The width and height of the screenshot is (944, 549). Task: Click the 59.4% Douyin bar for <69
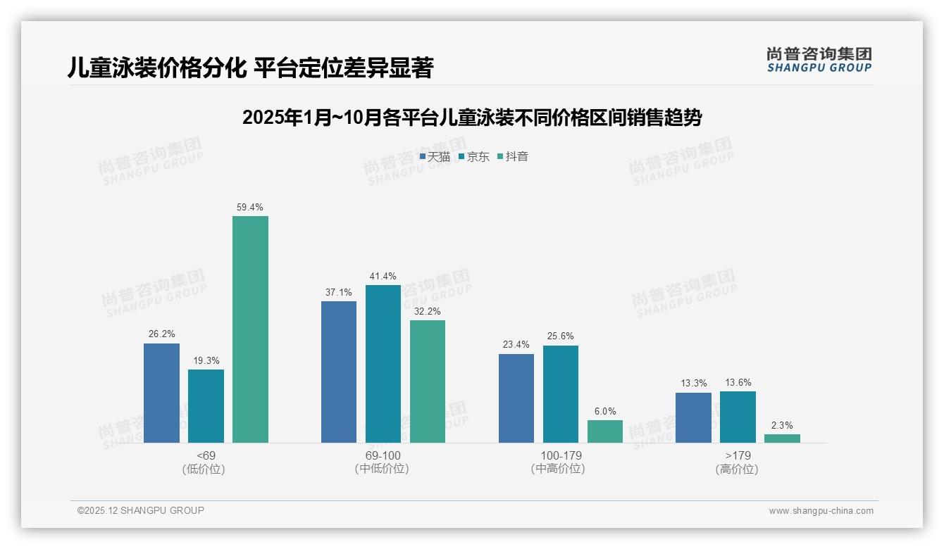tap(250, 329)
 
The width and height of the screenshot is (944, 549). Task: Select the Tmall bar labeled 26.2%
tap(161, 393)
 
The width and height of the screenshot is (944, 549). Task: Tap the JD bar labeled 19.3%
tap(206, 406)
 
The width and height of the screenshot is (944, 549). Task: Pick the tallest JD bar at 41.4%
tap(383, 364)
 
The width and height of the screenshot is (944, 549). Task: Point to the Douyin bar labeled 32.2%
tap(428, 381)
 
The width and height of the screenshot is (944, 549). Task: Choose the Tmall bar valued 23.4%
tap(516, 398)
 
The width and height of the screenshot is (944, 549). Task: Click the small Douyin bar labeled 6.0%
tap(605, 431)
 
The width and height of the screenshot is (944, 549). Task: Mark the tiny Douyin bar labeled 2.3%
tap(782, 438)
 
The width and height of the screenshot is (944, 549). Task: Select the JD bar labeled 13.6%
tap(738, 417)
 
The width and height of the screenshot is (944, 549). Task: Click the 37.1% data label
tap(338, 292)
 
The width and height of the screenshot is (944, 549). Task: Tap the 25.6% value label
tap(560, 336)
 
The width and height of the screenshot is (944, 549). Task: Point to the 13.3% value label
tap(693, 384)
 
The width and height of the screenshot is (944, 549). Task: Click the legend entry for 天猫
tap(435, 157)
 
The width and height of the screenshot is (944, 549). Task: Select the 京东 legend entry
tap(474, 157)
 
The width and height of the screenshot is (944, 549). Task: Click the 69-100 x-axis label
tap(383, 456)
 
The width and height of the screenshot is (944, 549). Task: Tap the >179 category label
tap(737, 456)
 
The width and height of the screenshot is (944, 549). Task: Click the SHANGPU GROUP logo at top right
tap(819, 59)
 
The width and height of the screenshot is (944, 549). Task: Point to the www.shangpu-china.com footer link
tap(821, 511)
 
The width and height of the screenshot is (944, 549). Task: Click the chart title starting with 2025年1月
tap(472, 118)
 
